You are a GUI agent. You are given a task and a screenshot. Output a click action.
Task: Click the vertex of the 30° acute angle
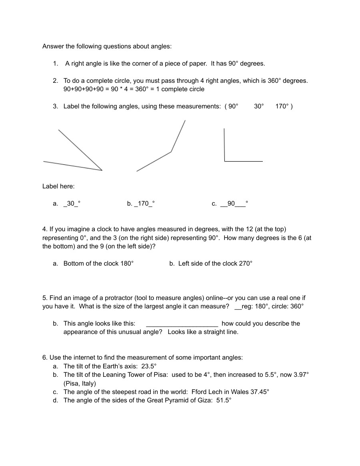click(x=102, y=170)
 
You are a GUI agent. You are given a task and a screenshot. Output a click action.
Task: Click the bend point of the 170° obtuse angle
click(x=171, y=152)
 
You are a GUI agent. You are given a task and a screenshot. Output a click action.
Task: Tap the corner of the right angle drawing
click(x=225, y=161)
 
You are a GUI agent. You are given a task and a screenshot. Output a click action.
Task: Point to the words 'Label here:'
click(x=58, y=186)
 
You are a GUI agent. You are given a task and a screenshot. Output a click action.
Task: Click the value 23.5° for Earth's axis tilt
click(x=149, y=366)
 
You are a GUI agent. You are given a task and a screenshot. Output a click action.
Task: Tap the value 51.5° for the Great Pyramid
click(x=224, y=400)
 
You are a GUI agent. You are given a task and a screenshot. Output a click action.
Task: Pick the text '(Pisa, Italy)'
click(x=80, y=383)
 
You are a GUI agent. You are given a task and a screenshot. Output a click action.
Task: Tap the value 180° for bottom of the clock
click(x=127, y=263)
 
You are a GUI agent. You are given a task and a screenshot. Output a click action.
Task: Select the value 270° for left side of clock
click(x=246, y=263)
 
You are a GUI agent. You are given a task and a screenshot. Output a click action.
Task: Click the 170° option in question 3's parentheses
click(x=282, y=106)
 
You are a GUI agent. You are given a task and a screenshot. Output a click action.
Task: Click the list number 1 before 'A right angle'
click(x=55, y=63)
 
